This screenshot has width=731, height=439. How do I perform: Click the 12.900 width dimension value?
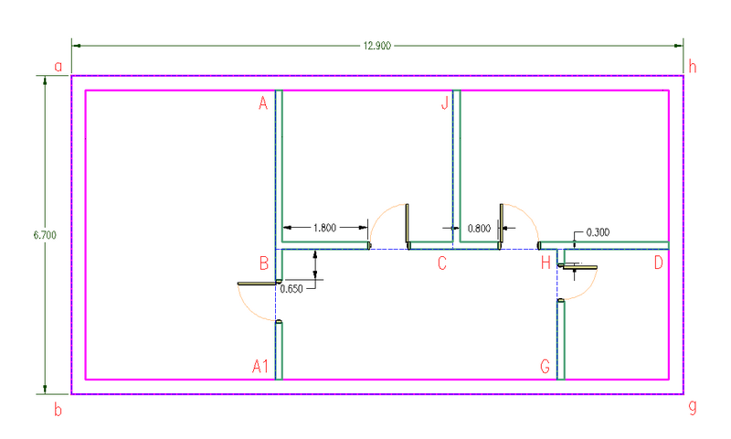click(376, 46)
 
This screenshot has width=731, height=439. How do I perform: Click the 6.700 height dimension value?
click(45, 235)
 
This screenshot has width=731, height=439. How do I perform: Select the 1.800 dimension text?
click(324, 228)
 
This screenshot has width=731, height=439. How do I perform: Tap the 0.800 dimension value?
click(479, 228)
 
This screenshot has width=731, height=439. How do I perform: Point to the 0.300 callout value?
click(598, 232)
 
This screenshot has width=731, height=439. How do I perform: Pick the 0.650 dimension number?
click(291, 289)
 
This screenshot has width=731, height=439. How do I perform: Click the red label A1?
click(260, 366)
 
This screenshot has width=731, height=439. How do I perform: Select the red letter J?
click(445, 102)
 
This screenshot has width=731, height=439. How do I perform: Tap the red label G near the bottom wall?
click(545, 366)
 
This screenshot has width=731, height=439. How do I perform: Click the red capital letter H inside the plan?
click(546, 263)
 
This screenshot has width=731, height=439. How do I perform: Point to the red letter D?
click(658, 263)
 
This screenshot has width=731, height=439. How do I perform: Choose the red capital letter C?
click(442, 263)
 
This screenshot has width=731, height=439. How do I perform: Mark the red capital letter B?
click(264, 263)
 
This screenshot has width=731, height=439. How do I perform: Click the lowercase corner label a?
click(58, 67)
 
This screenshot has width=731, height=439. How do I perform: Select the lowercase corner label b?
click(58, 410)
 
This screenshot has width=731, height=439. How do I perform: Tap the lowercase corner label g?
click(693, 407)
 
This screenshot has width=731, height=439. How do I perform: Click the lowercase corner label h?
click(693, 67)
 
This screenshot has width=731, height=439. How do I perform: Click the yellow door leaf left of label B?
click(257, 284)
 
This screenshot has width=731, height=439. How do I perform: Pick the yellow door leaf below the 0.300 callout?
click(580, 267)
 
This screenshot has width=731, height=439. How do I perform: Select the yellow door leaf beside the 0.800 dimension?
click(502, 223)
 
